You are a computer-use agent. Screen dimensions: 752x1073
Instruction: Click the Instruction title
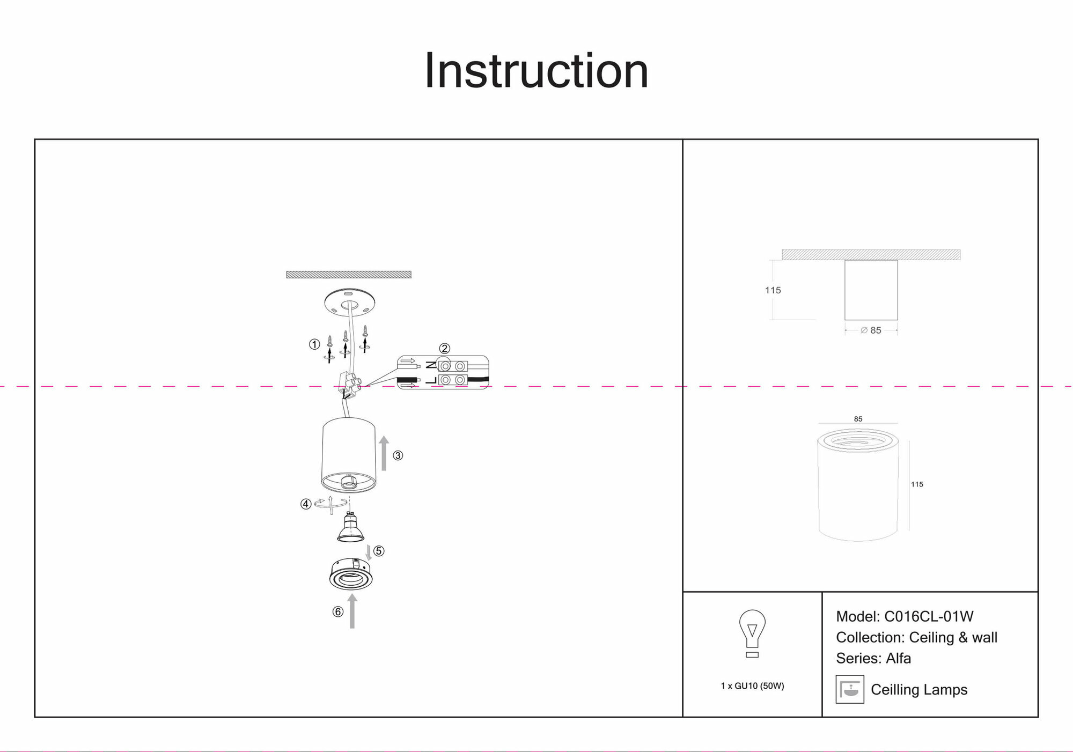pos(536,71)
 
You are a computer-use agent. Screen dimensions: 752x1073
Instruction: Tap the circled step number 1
pos(314,344)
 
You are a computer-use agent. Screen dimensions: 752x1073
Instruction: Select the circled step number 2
pos(444,349)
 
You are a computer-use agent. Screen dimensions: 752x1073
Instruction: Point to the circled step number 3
pos(398,455)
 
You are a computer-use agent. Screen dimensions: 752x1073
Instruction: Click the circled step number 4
pos(306,504)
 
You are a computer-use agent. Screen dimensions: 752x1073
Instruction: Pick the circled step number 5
pos(379,551)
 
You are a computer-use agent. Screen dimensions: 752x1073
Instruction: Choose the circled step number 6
pos(337,611)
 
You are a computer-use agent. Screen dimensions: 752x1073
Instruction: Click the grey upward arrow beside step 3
pos(384,453)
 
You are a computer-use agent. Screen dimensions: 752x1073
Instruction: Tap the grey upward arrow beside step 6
pos(352,611)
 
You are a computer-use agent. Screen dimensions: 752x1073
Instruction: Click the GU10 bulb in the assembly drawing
pos(350,528)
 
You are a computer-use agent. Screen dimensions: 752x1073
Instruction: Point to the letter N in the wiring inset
pos(431,365)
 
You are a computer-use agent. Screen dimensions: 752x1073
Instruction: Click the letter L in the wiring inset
pos(431,380)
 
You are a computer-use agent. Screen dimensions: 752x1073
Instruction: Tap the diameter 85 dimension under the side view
pos(871,330)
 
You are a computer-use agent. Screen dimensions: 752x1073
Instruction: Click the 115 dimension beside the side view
pos(773,290)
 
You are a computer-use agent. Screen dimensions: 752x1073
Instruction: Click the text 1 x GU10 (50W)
pos(752,686)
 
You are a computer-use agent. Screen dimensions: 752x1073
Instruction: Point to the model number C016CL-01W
pos(929,617)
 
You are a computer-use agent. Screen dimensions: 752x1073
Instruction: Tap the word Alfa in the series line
pos(899,658)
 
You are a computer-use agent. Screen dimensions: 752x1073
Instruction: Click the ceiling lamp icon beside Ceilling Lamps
pos(850,689)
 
